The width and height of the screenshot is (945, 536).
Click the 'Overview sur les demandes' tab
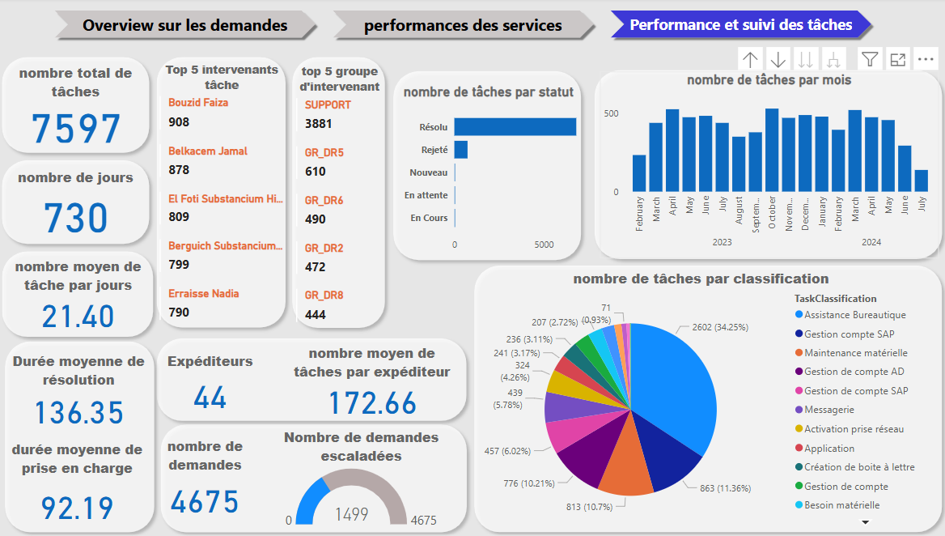click(185, 25)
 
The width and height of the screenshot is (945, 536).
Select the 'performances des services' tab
click(463, 25)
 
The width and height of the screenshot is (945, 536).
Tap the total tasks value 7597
click(76, 129)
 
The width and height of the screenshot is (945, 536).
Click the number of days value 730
click(76, 218)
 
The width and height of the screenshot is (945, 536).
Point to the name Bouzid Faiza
click(198, 103)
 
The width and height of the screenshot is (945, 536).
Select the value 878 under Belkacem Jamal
click(179, 170)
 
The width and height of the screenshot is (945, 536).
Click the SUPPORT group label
click(328, 105)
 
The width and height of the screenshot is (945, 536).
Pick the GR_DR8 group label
click(324, 296)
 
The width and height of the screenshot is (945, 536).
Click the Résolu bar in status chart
click(515, 127)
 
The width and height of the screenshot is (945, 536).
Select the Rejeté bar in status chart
click(460, 150)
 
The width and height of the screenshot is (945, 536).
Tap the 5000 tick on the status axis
click(545, 245)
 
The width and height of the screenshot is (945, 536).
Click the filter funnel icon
click(870, 59)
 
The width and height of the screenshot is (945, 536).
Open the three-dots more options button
click(926, 59)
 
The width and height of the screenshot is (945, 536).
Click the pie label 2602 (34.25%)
click(720, 328)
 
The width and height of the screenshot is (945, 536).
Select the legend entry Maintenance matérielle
click(855, 353)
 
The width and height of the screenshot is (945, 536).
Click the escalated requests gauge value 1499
click(351, 514)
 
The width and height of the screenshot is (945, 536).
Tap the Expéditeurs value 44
click(210, 397)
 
